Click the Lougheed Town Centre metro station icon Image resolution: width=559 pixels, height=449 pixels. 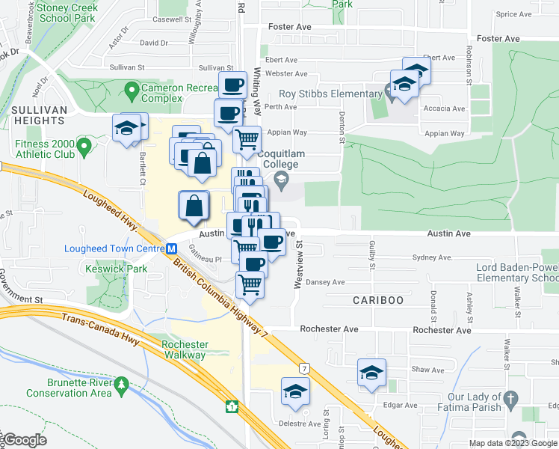click(x=171, y=248)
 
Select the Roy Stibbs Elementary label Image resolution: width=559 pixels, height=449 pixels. click(x=330, y=94)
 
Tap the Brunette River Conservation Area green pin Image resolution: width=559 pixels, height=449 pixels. click(x=121, y=387)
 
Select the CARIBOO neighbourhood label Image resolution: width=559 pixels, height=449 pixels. click(x=378, y=299)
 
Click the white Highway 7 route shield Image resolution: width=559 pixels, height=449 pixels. click(x=304, y=368)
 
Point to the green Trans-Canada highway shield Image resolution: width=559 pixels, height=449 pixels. click(x=232, y=407)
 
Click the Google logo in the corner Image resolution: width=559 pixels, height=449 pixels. click(x=25, y=440)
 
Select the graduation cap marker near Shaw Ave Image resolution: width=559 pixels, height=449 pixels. click(x=371, y=373)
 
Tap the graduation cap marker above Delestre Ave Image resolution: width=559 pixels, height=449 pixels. click(x=295, y=391)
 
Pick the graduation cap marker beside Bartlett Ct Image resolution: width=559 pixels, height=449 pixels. click(x=126, y=128)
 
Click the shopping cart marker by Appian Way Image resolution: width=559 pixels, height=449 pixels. click(x=247, y=138)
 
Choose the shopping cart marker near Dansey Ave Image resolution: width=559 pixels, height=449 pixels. click(x=250, y=284)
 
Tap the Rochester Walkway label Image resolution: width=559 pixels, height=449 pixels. click(x=185, y=349)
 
